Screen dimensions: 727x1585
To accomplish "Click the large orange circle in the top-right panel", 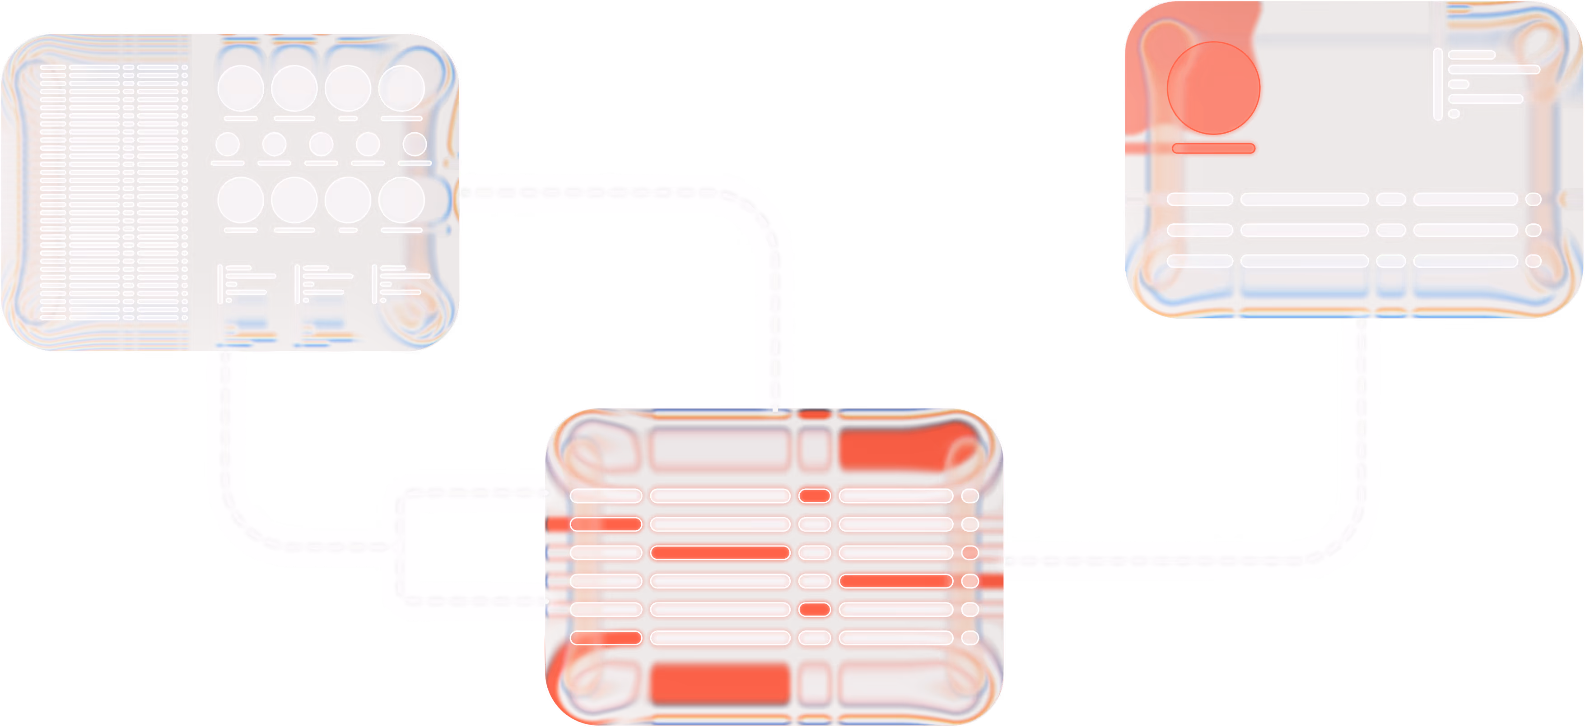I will (x=1213, y=90).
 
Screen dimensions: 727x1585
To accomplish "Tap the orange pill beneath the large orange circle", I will (x=1213, y=148).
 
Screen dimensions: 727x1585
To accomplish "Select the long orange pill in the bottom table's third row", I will (x=720, y=552).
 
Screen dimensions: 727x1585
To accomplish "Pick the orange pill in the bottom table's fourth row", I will (x=896, y=581).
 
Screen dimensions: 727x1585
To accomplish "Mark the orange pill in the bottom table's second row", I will (x=606, y=524).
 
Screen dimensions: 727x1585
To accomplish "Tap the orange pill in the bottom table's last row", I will (x=606, y=638).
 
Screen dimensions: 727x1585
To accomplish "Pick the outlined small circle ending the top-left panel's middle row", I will (x=415, y=144).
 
